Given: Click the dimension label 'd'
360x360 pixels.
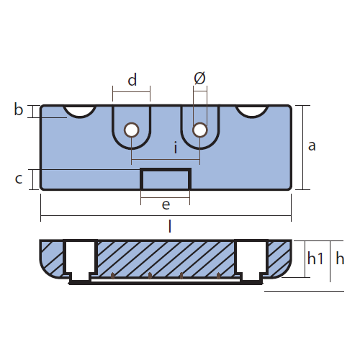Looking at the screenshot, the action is [x=132, y=80].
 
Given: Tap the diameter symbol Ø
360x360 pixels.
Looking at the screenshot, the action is [x=199, y=78].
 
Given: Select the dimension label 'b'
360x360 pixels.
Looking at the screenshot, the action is [x=19, y=109].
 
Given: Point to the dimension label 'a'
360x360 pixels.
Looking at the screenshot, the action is [x=312, y=146].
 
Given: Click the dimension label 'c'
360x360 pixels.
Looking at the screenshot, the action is [x=19, y=179].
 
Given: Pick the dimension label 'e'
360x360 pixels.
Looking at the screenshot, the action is [x=166, y=204].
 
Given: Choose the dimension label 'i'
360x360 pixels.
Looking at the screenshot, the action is [x=176, y=148].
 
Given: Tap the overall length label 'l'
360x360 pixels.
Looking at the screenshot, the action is [x=170, y=226].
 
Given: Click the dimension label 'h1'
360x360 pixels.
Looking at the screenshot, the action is [x=315, y=258].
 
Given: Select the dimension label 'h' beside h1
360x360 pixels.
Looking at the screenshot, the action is [x=340, y=258].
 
